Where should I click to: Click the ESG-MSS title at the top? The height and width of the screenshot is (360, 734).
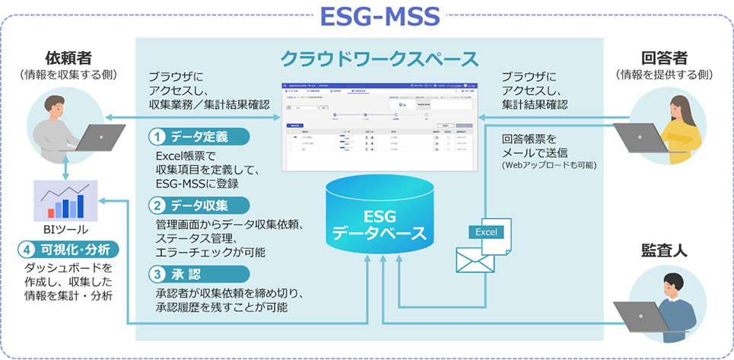pyautogui.click(x=368, y=18)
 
